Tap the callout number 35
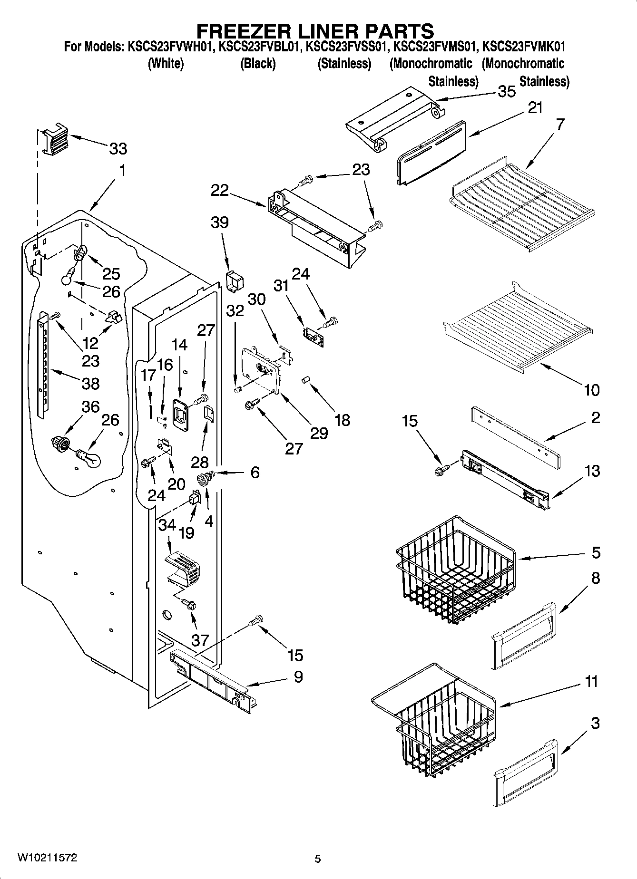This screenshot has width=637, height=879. (506, 91)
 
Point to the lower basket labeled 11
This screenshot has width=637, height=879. (433, 718)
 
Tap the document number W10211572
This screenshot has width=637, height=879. (47, 858)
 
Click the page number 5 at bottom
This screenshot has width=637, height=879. (318, 859)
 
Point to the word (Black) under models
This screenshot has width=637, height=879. (257, 64)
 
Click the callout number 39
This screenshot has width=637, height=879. (220, 222)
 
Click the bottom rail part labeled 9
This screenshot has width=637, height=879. (209, 677)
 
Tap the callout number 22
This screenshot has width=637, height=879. (220, 191)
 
